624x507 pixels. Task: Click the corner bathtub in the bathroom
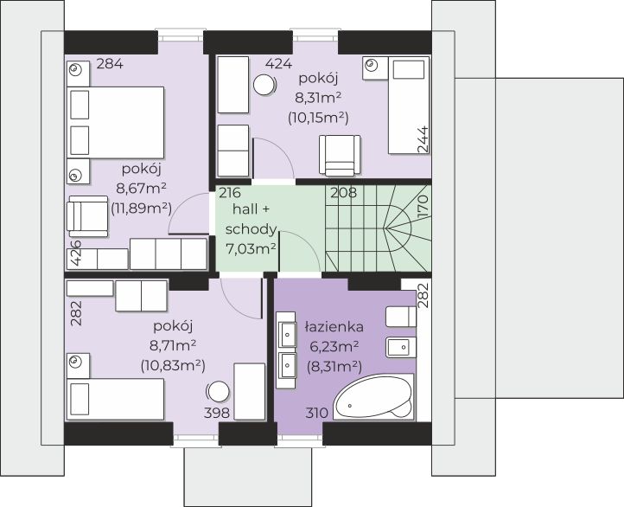[x=372, y=396]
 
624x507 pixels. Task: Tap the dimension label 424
[x=278, y=64]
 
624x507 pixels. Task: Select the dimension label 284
[x=110, y=64]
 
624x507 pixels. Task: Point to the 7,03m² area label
[x=251, y=249]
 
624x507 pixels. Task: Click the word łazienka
[x=334, y=326]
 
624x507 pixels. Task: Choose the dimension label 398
[x=217, y=413]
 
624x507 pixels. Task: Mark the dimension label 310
[x=317, y=413]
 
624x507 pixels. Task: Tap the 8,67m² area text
[x=141, y=188]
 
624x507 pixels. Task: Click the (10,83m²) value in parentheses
[x=173, y=366]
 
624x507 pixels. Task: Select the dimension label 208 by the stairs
[x=344, y=193]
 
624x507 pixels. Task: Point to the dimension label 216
[x=230, y=193]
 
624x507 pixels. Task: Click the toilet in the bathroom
[x=401, y=317]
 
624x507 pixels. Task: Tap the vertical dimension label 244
[x=423, y=139]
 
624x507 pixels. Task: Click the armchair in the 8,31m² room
[x=340, y=156]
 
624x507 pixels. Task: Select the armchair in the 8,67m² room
[x=87, y=216]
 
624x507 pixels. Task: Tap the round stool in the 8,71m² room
[x=218, y=392]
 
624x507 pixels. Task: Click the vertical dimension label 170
[x=423, y=206]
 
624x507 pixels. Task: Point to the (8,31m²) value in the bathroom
[x=334, y=366]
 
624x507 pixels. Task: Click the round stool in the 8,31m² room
[x=264, y=85]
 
